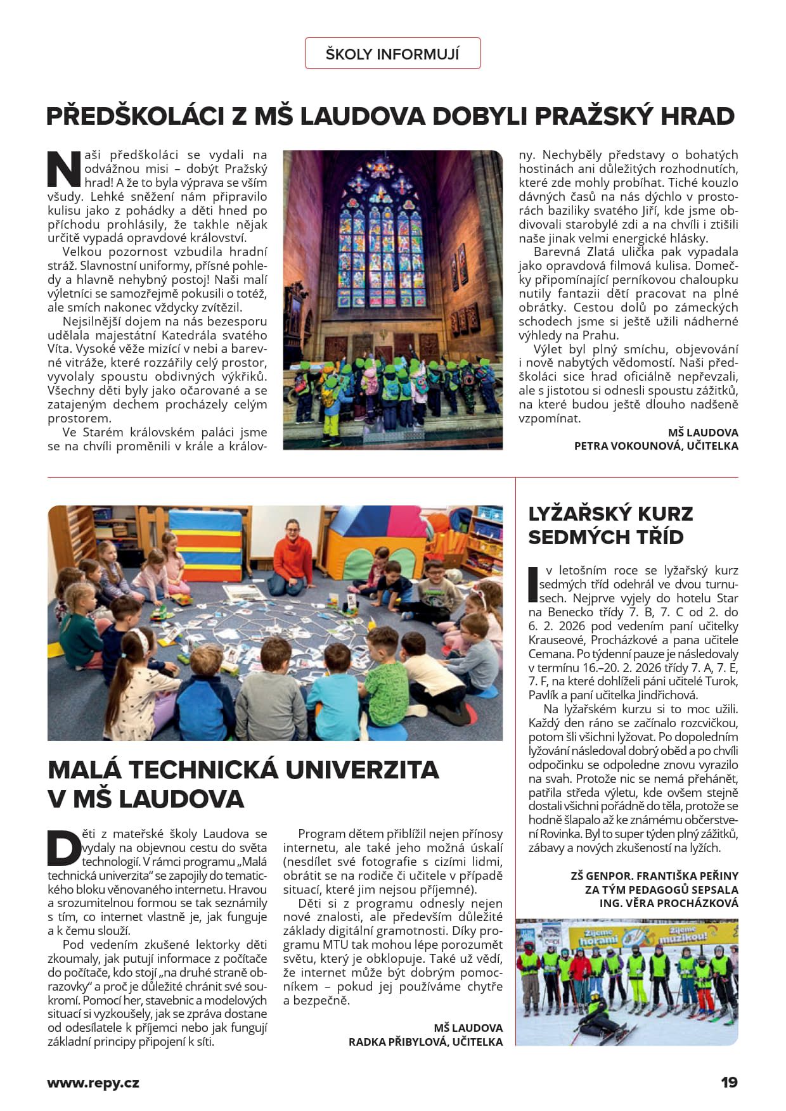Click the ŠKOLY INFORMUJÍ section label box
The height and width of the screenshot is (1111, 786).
392,54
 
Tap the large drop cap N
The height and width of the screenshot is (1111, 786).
64,169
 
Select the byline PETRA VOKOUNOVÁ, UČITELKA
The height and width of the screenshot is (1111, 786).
655,446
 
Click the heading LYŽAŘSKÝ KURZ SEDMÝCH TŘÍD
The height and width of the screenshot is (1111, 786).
610,525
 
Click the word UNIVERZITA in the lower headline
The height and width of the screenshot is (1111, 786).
362,770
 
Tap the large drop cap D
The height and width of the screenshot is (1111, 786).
64,849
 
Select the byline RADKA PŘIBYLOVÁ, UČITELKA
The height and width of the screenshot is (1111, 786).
425,1042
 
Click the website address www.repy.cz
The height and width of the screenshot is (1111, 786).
93,1082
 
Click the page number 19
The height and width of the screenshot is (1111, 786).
729,1082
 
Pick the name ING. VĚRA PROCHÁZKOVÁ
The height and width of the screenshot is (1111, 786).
669,903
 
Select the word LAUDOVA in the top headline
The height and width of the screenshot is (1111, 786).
361,117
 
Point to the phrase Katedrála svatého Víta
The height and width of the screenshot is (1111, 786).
204,336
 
